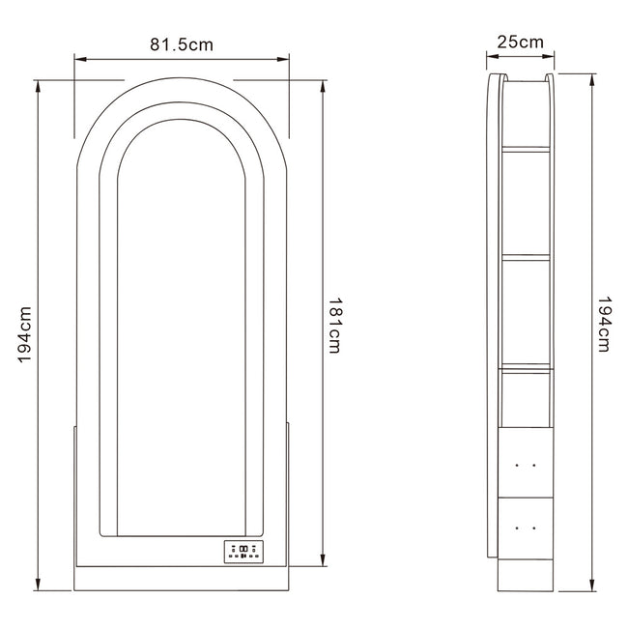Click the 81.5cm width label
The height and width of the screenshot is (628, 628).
[182, 44]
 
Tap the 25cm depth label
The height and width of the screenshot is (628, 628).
[520, 42]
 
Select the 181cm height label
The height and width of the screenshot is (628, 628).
[334, 326]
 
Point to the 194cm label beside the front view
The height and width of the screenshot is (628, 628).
[24, 335]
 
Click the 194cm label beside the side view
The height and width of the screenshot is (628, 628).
[604, 325]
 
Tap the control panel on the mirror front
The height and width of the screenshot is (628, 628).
[243, 552]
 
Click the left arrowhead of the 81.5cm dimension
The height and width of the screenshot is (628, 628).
[80, 59]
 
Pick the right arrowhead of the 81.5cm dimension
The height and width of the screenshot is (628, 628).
[283, 59]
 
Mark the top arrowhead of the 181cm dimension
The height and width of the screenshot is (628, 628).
[324, 86]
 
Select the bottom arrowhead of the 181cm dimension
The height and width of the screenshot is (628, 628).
[324, 560]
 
